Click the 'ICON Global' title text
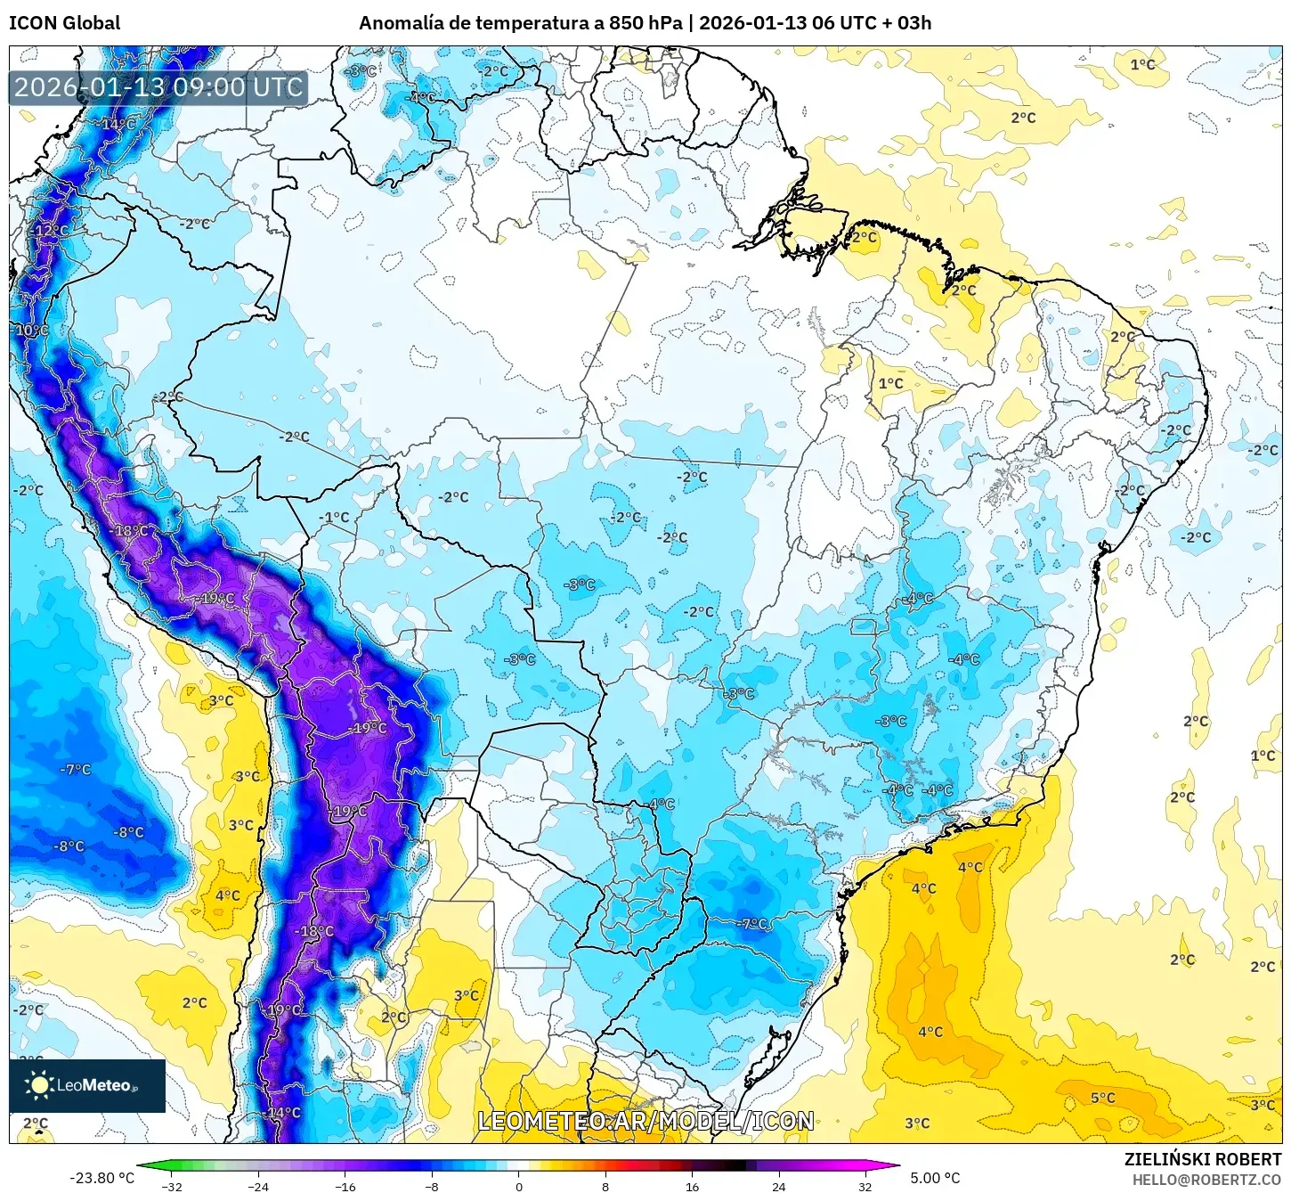(64, 23)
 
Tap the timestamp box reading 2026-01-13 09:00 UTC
(158, 87)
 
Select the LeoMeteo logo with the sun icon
(87, 1085)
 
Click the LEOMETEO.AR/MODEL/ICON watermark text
(645, 1121)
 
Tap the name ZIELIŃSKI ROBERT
(1202, 1159)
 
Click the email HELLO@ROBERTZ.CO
(1206, 1180)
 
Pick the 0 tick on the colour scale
(519, 1186)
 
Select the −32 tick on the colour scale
(171, 1186)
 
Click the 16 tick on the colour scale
(693, 1186)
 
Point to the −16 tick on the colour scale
(345, 1186)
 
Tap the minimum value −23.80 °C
(101, 1178)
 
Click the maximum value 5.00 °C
(935, 1178)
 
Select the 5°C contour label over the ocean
(1102, 1098)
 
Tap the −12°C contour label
(50, 231)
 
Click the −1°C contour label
(335, 517)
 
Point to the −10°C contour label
(31, 330)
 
